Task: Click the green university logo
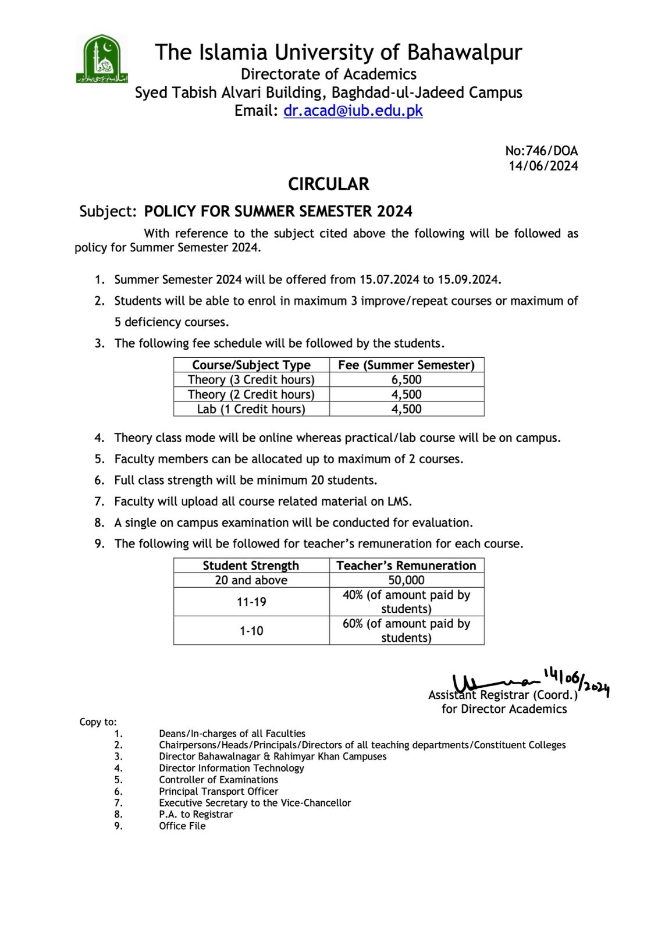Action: coord(101,59)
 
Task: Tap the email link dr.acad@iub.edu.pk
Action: coord(353,111)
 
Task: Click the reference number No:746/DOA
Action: coord(541,151)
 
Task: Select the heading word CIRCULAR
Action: coord(329,184)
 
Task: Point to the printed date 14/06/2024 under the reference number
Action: coord(543,166)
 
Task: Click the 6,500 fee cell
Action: coord(406,380)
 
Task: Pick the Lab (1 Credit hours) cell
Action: coord(251,409)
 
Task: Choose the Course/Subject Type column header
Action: coord(251,365)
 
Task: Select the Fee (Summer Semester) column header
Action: coord(406,365)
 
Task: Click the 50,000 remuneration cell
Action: coord(406,580)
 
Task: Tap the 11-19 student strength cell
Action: coord(251,602)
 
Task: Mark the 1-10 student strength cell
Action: coord(251,630)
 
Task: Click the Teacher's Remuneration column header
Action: coord(406,566)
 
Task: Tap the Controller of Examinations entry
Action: coord(218,780)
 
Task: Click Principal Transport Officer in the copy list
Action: coord(218,791)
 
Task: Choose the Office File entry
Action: coord(182,826)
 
